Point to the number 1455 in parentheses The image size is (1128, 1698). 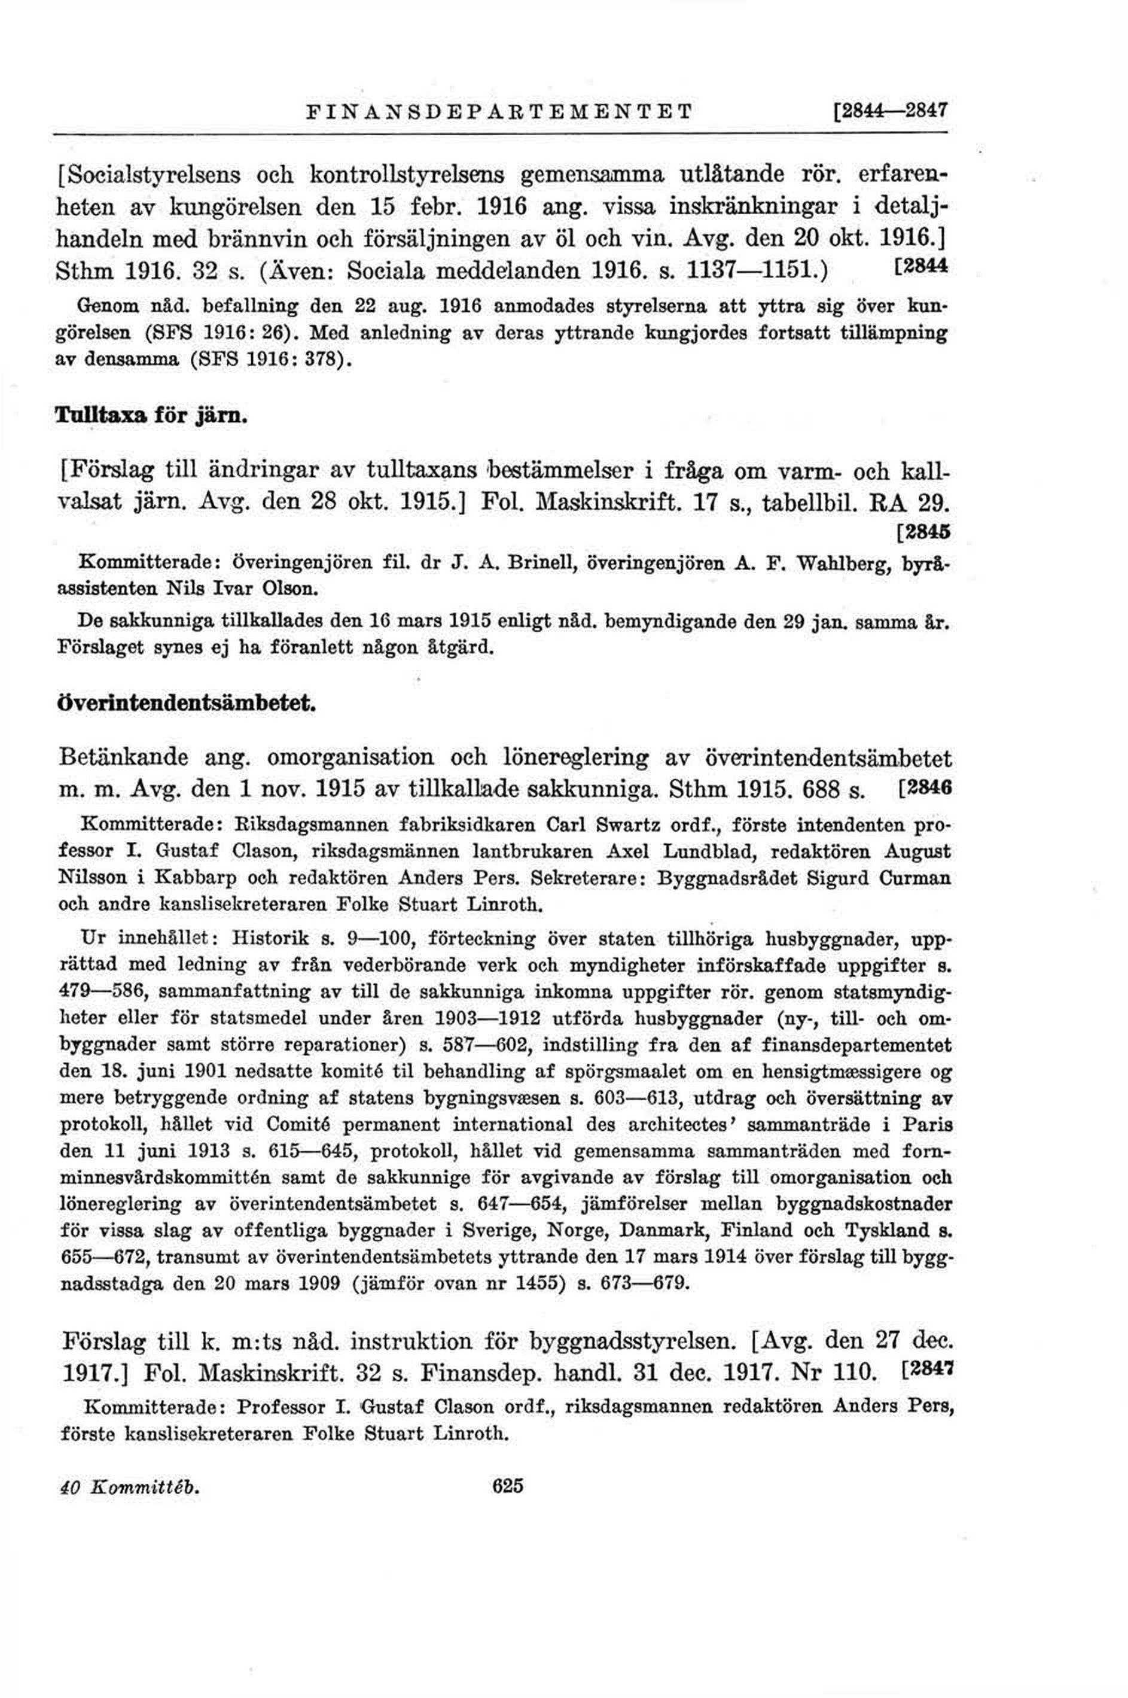[x=536, y=1283]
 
